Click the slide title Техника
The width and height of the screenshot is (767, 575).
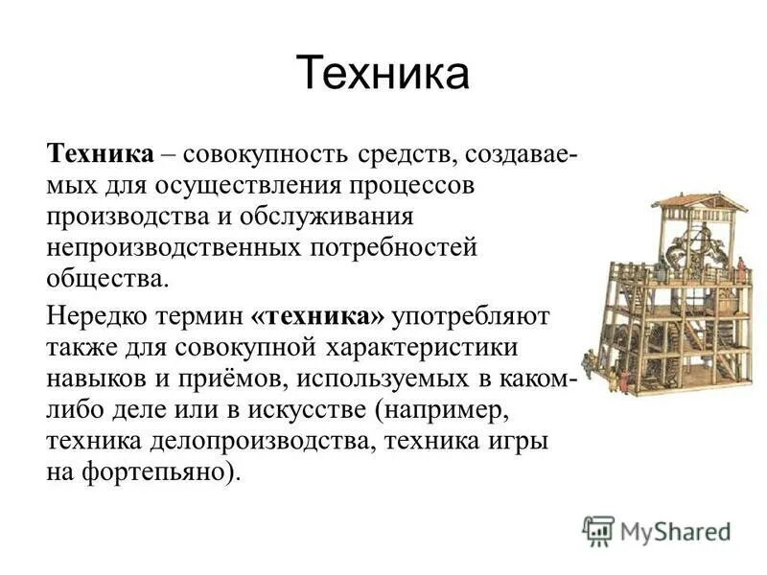[x=383, y=74]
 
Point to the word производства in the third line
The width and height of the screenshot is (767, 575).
[x=123, y=217]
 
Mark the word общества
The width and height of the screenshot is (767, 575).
[x=105, y=280]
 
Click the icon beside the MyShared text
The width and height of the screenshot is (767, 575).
[x=597, y=530]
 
